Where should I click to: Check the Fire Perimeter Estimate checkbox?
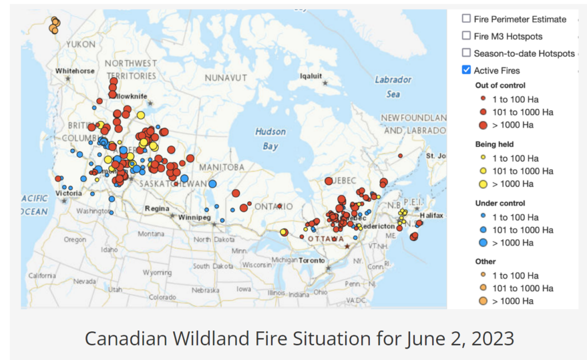click(x=467, y=19)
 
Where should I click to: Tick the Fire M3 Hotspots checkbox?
click(x=467, y=36)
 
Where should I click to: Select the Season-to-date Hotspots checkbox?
click(x=467, y=53)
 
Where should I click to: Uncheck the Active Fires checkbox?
click(x=467, y=71)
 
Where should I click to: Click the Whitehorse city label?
click(x=75, y=71)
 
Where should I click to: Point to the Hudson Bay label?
click(x=271, y=139)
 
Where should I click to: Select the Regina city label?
click(x=157, y=208)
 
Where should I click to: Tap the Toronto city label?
click(x=312, y=260)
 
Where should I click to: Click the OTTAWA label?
click(x=326, y=238)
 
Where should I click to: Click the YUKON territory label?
click(x=81, y=44)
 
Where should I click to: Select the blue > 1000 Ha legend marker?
click(x=483, y=242)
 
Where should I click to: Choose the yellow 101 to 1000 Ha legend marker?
click(x=483, y=171)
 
